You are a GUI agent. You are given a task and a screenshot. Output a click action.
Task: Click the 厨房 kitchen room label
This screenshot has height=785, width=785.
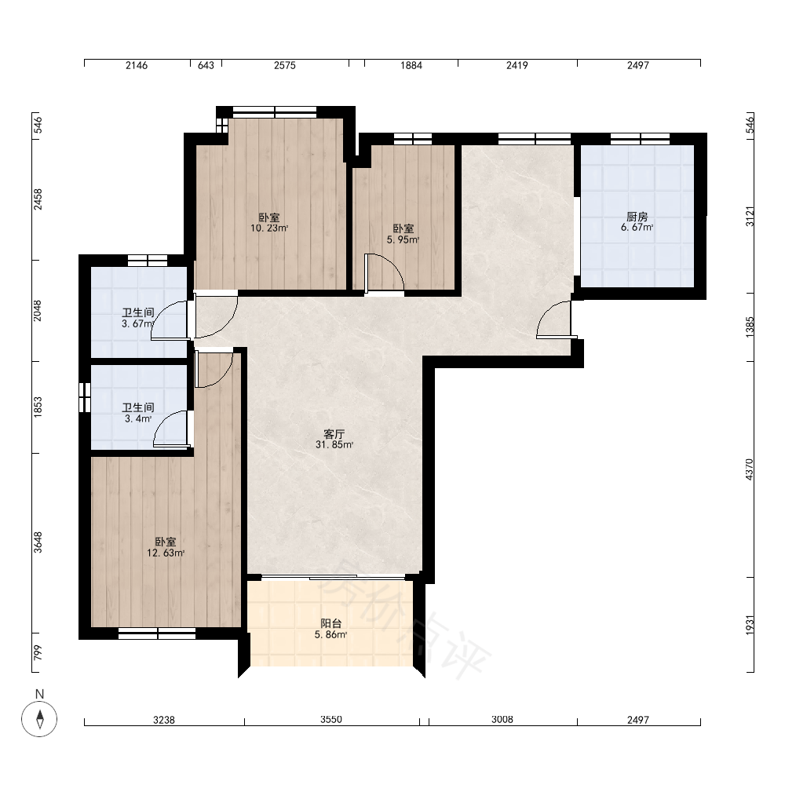pos(637,217)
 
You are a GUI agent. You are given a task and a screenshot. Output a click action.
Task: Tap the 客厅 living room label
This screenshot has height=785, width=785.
pos(334,433)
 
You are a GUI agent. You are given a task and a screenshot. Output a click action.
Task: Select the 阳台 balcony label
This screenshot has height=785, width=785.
pos(331,623)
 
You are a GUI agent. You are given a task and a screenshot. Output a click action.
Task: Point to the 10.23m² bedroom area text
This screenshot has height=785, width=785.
pos(269,228)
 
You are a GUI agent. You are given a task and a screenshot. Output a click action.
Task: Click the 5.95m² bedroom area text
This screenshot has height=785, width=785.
pos(403,239)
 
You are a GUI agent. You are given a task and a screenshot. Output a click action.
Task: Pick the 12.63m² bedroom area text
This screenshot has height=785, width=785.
pos(166,553)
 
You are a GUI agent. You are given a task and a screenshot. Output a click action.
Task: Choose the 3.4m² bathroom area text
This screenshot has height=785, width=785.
pos(138,418)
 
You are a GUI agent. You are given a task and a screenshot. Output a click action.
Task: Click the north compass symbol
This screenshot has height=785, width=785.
pos(39,719)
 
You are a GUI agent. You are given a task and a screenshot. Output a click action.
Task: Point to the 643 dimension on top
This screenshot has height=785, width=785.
pos(206,65)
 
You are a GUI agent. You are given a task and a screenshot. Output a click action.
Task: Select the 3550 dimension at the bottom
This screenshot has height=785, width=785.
pos(331,719)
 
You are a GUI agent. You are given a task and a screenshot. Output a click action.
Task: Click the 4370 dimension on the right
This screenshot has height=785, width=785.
pos(749,469)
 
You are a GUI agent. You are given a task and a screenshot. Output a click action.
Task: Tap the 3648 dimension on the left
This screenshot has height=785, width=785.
pos(38,542)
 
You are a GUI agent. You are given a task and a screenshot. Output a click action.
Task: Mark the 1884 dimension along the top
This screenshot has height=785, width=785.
pos(411,65)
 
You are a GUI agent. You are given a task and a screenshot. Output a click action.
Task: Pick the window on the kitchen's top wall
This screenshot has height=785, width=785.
pos(640,139)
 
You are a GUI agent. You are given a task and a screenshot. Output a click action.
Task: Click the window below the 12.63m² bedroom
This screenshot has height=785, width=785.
pos(157,633)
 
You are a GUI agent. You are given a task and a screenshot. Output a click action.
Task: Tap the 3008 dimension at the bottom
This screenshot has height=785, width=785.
pos(502,719)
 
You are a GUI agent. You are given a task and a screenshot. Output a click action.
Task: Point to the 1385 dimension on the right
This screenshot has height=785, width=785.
pos(749,327)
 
